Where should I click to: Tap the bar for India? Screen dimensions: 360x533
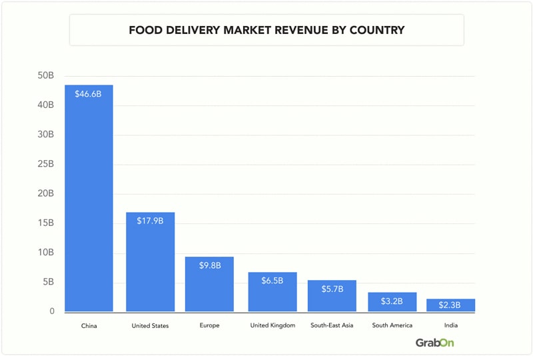451,305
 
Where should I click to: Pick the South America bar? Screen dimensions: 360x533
392,301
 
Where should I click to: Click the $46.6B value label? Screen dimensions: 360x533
89,94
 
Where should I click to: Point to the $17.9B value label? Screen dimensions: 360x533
150,221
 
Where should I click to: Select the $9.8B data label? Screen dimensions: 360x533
210,265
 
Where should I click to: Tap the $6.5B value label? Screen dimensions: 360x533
272,281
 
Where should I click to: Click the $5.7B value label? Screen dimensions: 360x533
332,289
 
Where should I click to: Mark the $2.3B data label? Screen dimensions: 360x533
451,305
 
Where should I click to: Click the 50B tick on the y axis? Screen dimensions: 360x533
46,75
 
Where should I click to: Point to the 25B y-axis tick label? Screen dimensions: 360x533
46,164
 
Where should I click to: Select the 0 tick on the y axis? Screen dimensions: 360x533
51,311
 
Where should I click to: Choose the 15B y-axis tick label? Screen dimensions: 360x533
46,223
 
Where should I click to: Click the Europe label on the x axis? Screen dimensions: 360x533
210,325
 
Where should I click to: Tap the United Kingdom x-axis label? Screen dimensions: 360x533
272,325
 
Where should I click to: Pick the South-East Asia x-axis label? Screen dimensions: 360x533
332,325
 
